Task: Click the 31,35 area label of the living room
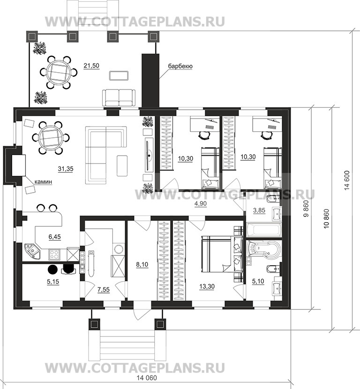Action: point(66,169)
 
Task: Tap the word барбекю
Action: point(180,66)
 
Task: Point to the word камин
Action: point(43,182)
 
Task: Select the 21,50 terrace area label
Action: point(91,66)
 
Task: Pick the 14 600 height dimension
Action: point(347,180)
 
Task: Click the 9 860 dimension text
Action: point(306,209)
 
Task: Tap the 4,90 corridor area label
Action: point(201,204)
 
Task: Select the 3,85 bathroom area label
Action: point(259,210)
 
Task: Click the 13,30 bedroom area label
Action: point(207,286)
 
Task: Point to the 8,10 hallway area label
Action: point(142,264)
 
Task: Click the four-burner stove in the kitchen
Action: point(54,254)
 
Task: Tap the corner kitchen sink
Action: point(32,251)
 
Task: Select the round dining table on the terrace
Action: point(59,73)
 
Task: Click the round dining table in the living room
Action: point(51,137)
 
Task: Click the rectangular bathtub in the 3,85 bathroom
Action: point(264,230)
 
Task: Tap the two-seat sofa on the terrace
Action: point(119,98)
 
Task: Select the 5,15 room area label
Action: point(53,282)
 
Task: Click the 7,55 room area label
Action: point(104,290)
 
